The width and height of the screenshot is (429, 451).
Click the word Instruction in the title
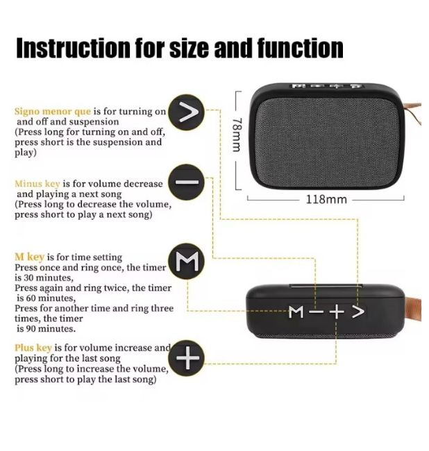point(73,49)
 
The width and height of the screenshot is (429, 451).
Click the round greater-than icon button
point(187,112)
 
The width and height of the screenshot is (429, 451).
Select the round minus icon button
point(187,182)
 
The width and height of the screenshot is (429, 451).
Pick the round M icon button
point(187,261)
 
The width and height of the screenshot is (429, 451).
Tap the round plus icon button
point(187,358)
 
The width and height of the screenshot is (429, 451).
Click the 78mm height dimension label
point(237,135)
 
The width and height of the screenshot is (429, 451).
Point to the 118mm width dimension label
point(326,199)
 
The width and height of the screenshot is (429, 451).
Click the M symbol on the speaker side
point(296,312)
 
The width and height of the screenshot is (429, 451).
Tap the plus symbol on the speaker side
point(337,312)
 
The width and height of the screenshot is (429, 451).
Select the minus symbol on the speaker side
point(317,312)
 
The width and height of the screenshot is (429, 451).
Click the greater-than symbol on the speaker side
point(358,312)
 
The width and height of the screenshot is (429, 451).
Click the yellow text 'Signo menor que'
point(53,111)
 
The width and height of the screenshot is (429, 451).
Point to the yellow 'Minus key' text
point(37,183)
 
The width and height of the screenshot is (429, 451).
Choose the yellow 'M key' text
point(29,257)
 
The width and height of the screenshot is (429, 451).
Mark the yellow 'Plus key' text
point(33,348)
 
